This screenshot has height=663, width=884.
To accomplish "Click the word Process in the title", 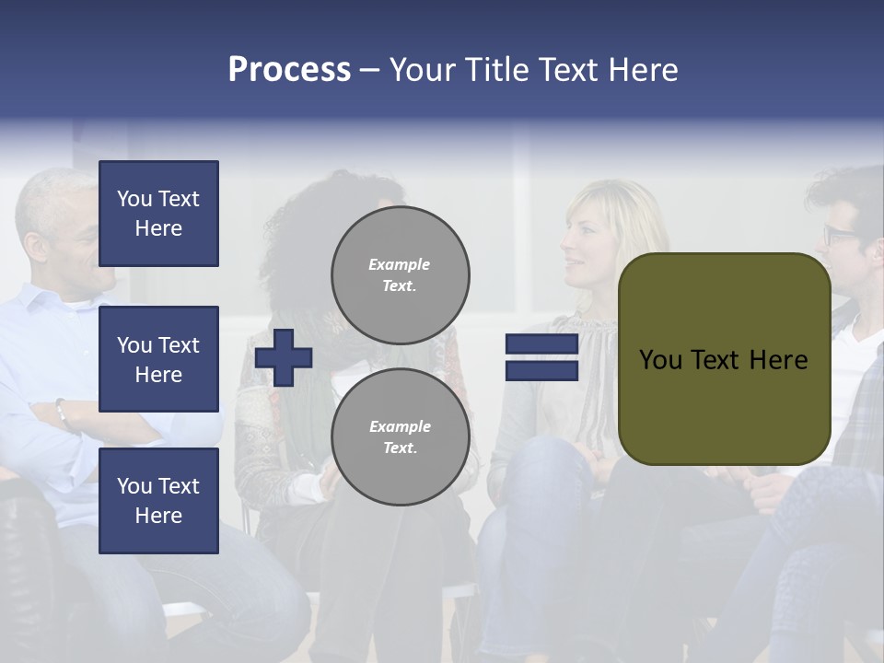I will coord(289,70).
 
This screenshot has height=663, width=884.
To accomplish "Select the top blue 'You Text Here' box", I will coord(158,214).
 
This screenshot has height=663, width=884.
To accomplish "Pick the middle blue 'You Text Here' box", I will coord(158,359).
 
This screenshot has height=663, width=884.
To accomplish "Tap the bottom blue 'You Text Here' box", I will coord(158,501).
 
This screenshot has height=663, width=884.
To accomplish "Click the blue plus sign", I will coord(284,357).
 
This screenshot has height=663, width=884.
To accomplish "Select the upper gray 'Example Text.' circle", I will coord(400,275).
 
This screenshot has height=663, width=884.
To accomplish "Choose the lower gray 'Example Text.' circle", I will coord(400,437).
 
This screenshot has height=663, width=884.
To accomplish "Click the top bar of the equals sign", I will coord(541,344).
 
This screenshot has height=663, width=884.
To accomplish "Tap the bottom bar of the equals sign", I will coord(541,370).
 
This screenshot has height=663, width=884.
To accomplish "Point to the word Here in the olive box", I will coord(778,360).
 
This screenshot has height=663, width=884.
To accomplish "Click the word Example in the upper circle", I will coord(400,264).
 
